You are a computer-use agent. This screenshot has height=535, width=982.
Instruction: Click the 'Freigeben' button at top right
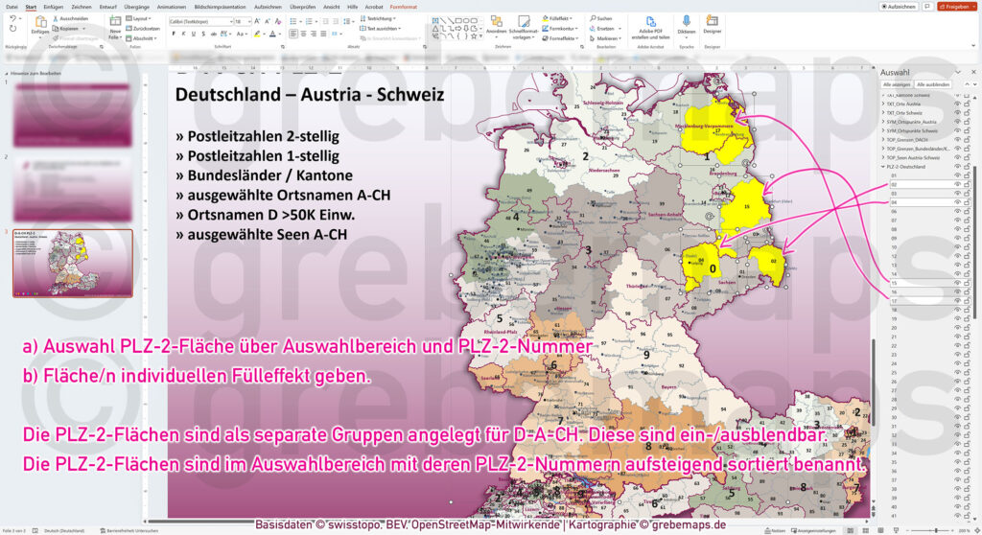(954, 6)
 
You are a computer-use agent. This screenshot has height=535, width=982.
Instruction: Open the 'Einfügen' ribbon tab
(53, 6)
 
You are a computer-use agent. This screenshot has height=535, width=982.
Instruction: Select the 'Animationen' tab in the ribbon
(172, 6)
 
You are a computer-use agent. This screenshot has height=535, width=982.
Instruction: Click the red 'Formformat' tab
(404, 6)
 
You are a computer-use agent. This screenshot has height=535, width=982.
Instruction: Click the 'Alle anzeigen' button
(896, 84)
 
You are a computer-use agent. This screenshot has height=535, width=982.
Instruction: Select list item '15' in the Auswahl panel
(894, 283)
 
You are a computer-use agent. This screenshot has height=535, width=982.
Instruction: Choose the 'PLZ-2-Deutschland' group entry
(909, 167)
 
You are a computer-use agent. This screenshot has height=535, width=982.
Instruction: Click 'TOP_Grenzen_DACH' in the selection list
(912, 140)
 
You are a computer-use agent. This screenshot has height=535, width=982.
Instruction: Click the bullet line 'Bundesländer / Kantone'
(270, 175)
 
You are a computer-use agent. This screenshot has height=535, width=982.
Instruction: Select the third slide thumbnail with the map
(73, 262)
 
